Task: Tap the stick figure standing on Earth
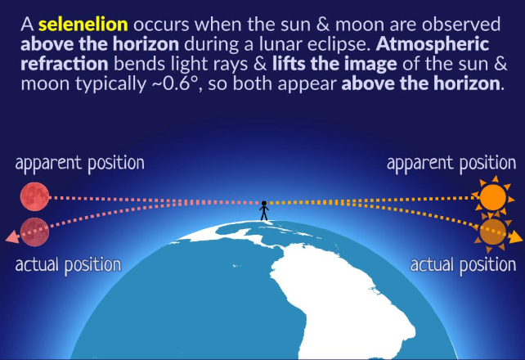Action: point(263,210)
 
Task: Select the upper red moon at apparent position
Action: point(36,196)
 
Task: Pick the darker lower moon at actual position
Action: point(36,230)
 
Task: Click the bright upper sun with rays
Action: point(493,197)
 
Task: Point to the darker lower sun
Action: point(492,231)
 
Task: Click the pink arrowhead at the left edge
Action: point(10,238)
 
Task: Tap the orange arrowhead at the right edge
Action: point(515,238)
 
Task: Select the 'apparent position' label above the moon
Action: point(79,162)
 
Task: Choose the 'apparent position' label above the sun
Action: point(451,162)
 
